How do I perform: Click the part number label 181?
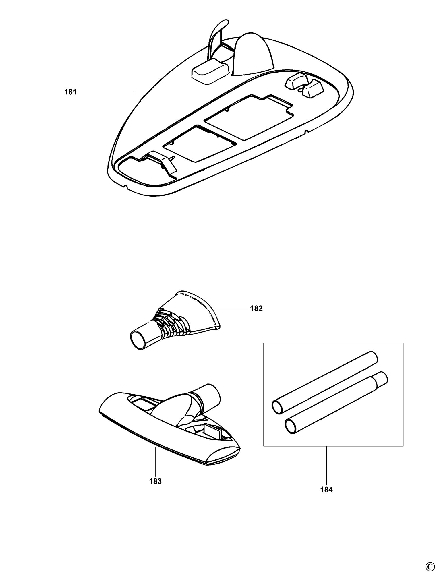pyautogui.click(x=70, y=92)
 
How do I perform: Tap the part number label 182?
pyautogui.click(x=256, y=309)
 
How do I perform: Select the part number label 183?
pyautogui.click(x=155, y=481)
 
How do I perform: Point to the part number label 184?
pyautogui.click(x=326, y=490)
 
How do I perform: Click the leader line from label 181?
pyautogui.click(x=106, y=92)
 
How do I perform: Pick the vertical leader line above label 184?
pyautogui.click(x=326, y=465)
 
